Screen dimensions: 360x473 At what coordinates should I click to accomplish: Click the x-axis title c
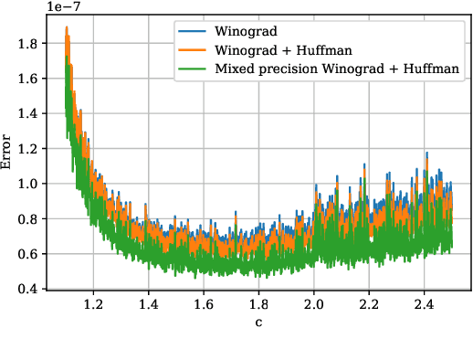[x=258, y=321]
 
